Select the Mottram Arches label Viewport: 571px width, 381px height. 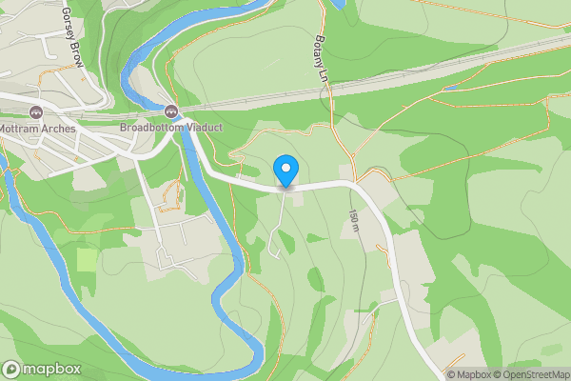(38, 126)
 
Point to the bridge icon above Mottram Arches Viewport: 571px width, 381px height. (37, 110)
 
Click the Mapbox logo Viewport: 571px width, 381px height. (42, 369)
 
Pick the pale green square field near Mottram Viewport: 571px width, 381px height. (87, 258)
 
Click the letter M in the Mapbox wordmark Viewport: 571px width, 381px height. (30, 370)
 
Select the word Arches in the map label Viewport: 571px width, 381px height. (58, 126)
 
